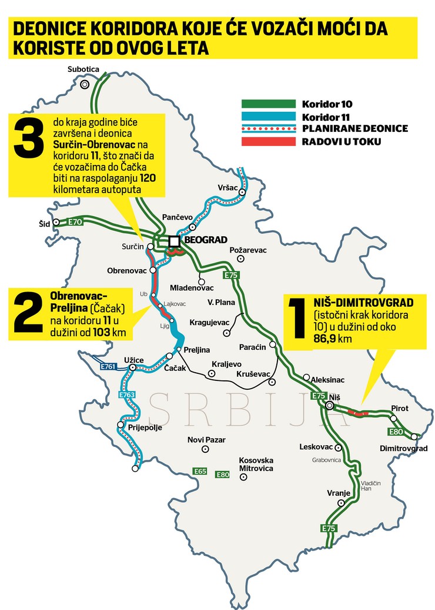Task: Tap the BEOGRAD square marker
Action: [174, 241]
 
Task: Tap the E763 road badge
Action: [127, 395]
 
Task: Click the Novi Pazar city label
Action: [206, 439]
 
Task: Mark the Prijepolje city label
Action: [142, 428]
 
